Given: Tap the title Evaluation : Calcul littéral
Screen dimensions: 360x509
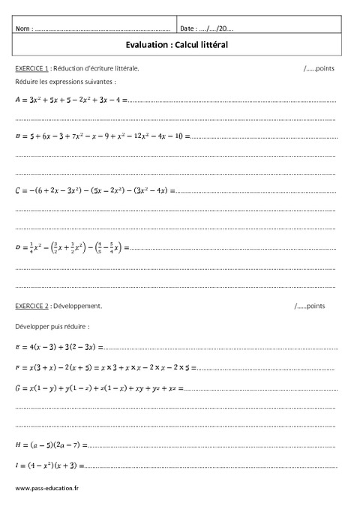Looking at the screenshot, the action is point(179,45).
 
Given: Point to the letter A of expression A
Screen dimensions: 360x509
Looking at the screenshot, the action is point(17,98).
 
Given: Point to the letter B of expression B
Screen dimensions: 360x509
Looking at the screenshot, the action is point(17,136).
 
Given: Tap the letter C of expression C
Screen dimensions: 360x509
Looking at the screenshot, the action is point(17,190).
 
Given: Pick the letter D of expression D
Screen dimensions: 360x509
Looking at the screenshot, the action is point(17,247).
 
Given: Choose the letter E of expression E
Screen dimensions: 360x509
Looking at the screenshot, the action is point(17,347).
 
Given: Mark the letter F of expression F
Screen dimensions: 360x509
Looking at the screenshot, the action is point(17,367).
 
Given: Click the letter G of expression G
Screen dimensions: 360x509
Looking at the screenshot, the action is point(17,388).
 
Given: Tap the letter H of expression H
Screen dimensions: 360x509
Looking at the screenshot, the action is point(17,445).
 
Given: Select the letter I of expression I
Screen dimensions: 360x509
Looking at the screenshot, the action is point(16,466).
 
